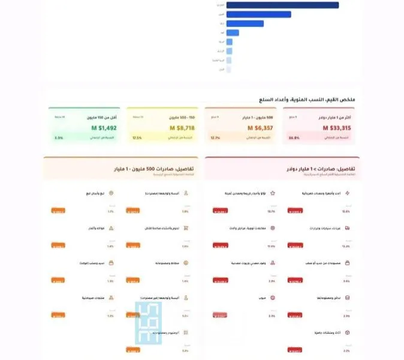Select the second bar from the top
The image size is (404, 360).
click(x=259, y=14)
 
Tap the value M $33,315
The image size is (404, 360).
click(x=337, y=128)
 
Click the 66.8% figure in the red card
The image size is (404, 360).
click(x=293, y=138)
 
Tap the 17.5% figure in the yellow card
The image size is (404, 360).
click(x=137, y=138)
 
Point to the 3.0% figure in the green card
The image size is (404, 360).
click(x=59, y=138)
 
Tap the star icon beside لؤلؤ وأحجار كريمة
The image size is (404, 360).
click(x=272, y=194)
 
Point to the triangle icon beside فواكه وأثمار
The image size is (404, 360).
click(x=110, y=229)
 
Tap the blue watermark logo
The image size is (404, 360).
click(x=149, y=322)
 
